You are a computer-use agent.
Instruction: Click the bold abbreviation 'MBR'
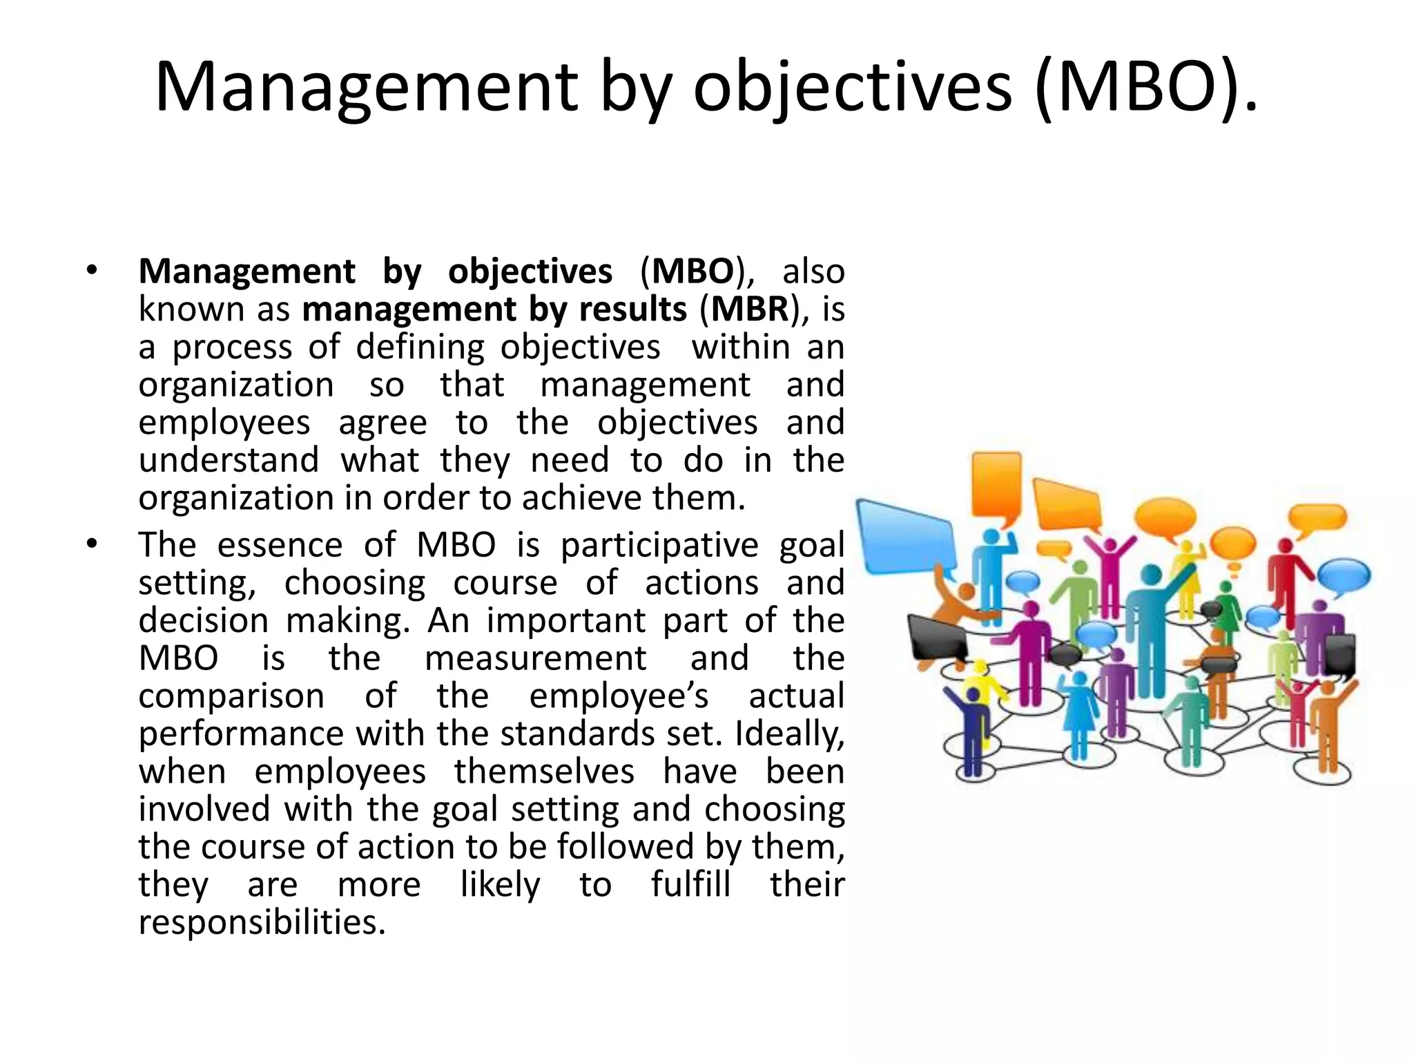click(750, 309)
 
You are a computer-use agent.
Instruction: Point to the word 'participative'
click(659, 545)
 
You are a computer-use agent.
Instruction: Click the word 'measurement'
click(536, 658)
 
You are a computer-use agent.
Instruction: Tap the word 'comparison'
click(231, 696)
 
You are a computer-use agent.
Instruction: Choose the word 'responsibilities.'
click(262, 922)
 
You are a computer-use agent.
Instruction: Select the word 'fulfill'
click(690, 885)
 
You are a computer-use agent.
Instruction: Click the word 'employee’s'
click(619, 696)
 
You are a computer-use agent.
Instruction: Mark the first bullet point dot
click(93, 271)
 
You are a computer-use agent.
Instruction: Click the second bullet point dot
click(93, 545)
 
